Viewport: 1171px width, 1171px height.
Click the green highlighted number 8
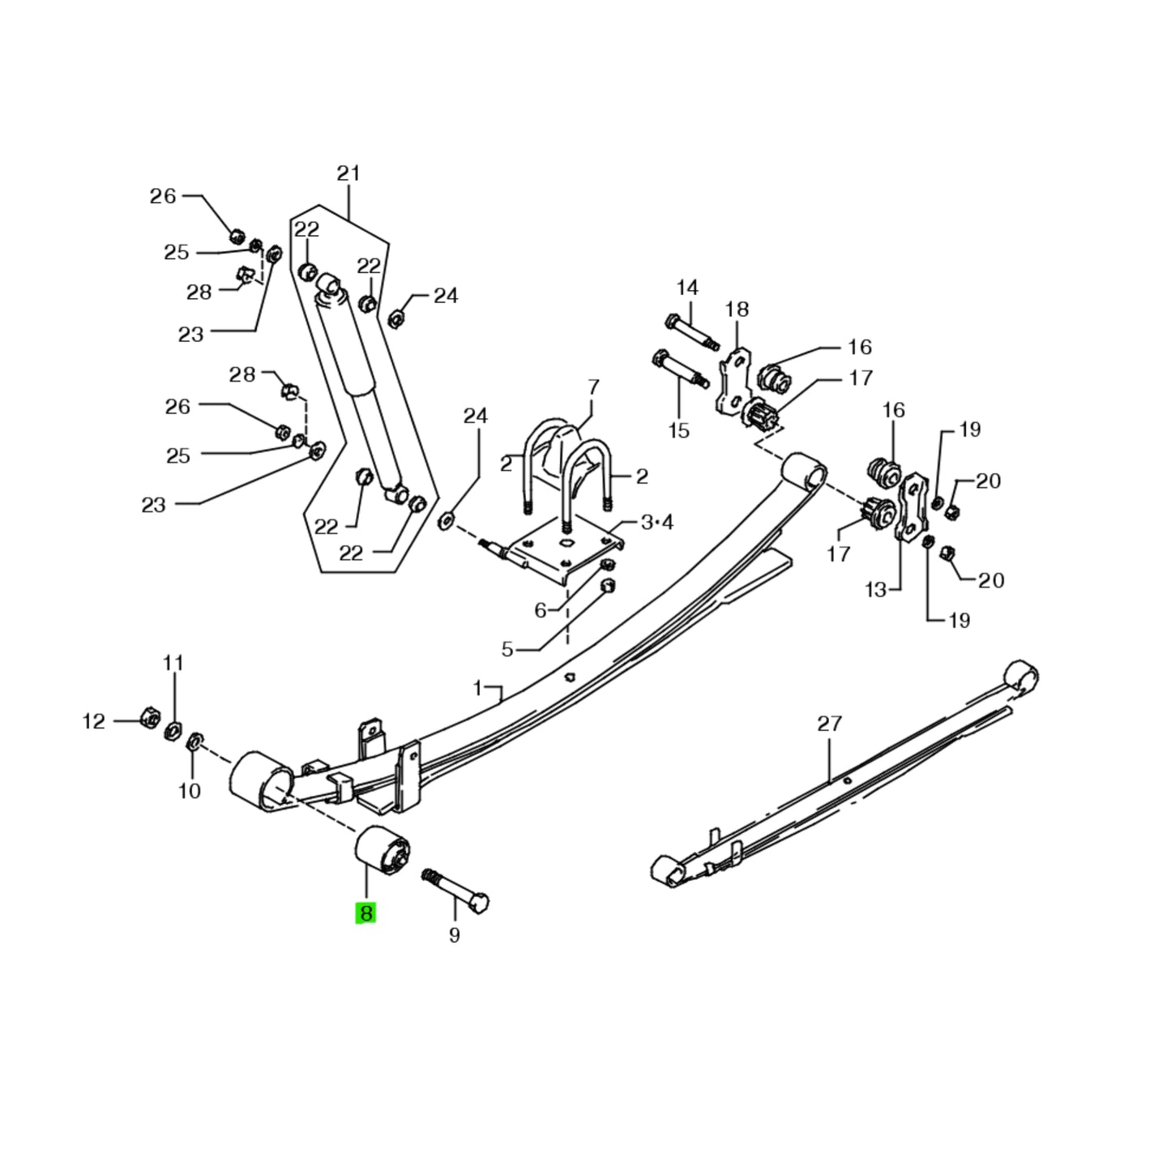pos(365,913)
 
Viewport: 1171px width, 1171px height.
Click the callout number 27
pos(829,723)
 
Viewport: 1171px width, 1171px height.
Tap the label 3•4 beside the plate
pos(656,523)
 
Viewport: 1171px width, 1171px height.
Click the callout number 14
pos(687,288)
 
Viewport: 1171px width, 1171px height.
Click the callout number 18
pos(737,309)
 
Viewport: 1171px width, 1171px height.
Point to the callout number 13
pos(876,590)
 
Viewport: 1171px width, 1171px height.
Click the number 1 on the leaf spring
pos(478,689)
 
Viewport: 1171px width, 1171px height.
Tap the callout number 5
pos(507,649)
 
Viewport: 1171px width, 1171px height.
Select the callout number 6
pos(541,610)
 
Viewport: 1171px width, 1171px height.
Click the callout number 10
pos(189,790)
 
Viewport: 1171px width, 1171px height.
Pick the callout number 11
pos(173,664)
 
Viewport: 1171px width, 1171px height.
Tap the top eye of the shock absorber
pos(328,284)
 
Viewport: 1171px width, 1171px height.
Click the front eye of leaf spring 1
pos(262,779)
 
